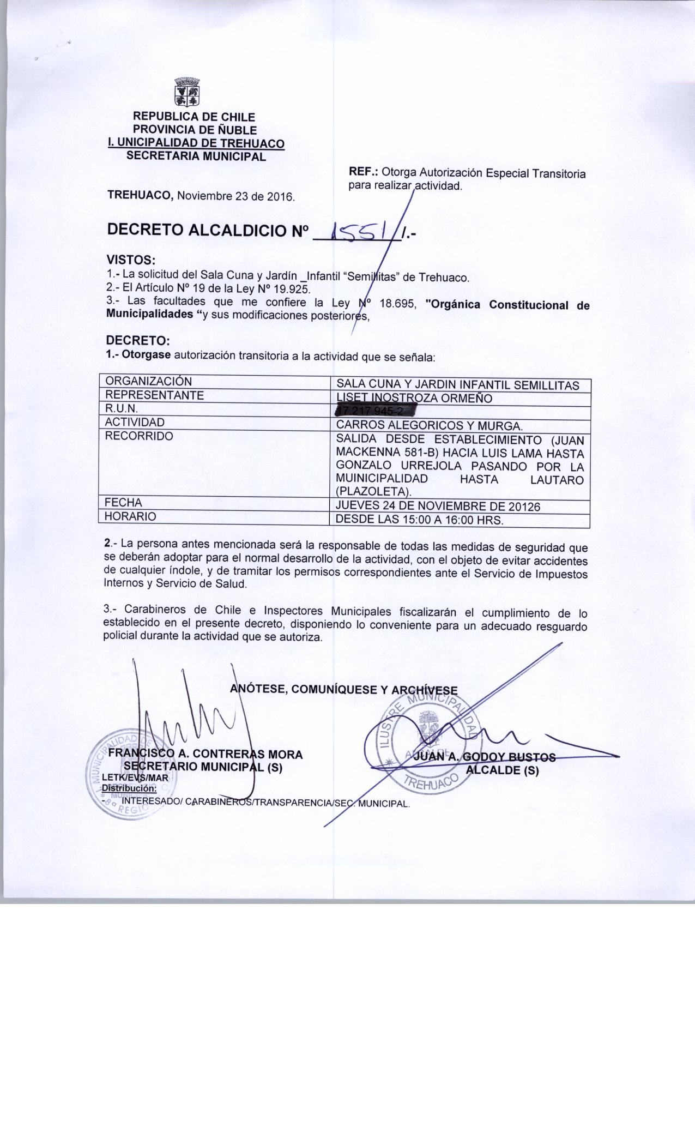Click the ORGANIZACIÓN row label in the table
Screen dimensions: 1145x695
pos(148,381)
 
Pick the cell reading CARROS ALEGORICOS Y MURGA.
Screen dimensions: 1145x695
pos(430,425)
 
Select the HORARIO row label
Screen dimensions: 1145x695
pos(130,516)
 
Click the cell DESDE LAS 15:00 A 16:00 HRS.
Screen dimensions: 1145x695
pos(419,520)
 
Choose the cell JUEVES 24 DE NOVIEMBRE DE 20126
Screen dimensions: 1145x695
pos(438,506)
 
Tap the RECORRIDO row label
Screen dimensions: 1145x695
pos(138,436)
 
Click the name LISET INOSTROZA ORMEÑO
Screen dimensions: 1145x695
pos(414,398)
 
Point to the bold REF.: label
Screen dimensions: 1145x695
pos(364,172)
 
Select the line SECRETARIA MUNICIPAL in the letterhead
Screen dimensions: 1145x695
pos(196,156)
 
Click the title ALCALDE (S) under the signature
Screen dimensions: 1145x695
pos(501,770)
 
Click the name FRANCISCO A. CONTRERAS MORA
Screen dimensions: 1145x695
pos(206,754)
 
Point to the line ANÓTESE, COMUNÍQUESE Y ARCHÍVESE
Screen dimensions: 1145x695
pos(344,689)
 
